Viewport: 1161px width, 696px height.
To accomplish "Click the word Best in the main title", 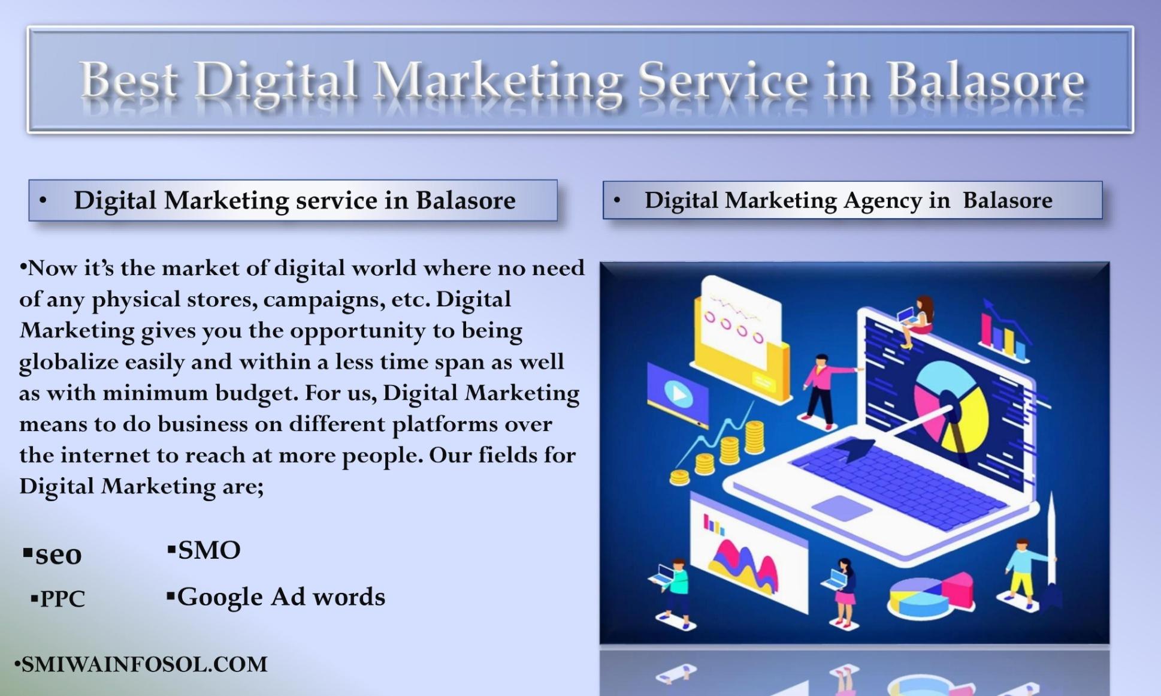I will (128, 81).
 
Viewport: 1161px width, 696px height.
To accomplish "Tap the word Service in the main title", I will (722, 81).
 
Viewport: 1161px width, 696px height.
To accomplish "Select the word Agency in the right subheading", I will (882, 201).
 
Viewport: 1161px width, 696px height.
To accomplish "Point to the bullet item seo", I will (58, 554).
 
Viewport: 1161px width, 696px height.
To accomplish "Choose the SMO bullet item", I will (208, 550).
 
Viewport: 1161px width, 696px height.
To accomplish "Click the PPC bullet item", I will (62, 598).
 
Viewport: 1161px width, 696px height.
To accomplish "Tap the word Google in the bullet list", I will (220, 597).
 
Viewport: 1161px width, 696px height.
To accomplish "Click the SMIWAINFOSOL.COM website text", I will (144, 664).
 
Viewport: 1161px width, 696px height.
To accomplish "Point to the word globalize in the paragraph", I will (69, 362).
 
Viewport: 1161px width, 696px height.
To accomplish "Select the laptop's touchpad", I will (841, 507).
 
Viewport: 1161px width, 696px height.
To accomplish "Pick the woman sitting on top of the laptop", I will (918, 320).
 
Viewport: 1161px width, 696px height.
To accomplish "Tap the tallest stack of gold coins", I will (754, 436).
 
